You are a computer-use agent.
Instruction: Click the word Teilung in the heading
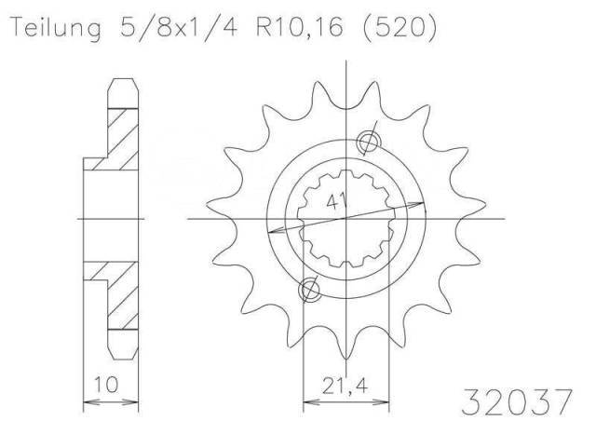pos(57,28)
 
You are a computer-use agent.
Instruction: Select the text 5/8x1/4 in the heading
pos(180,27)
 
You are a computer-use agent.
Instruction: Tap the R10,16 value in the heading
pos(300,27)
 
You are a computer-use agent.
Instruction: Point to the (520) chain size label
pos(400,28)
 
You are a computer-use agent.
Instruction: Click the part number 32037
pos(517,401)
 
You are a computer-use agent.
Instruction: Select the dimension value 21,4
pos(345,387)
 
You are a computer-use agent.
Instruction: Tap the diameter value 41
pos(337,201)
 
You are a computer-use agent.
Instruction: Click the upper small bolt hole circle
pos(369,142)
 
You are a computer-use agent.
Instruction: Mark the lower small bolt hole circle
pos(309,291)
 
